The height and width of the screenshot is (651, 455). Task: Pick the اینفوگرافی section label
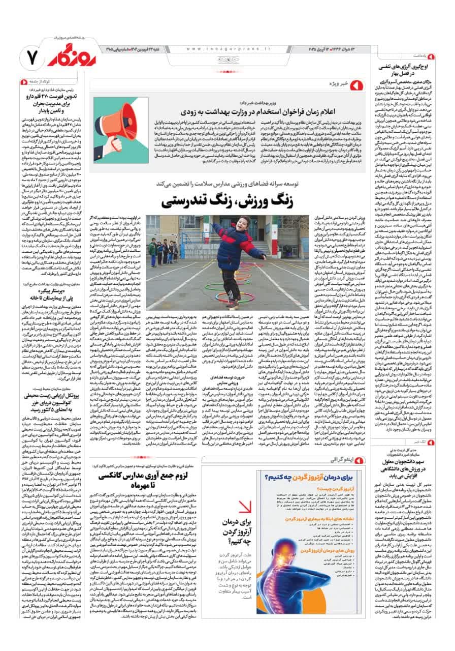[x=341, y=460]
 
